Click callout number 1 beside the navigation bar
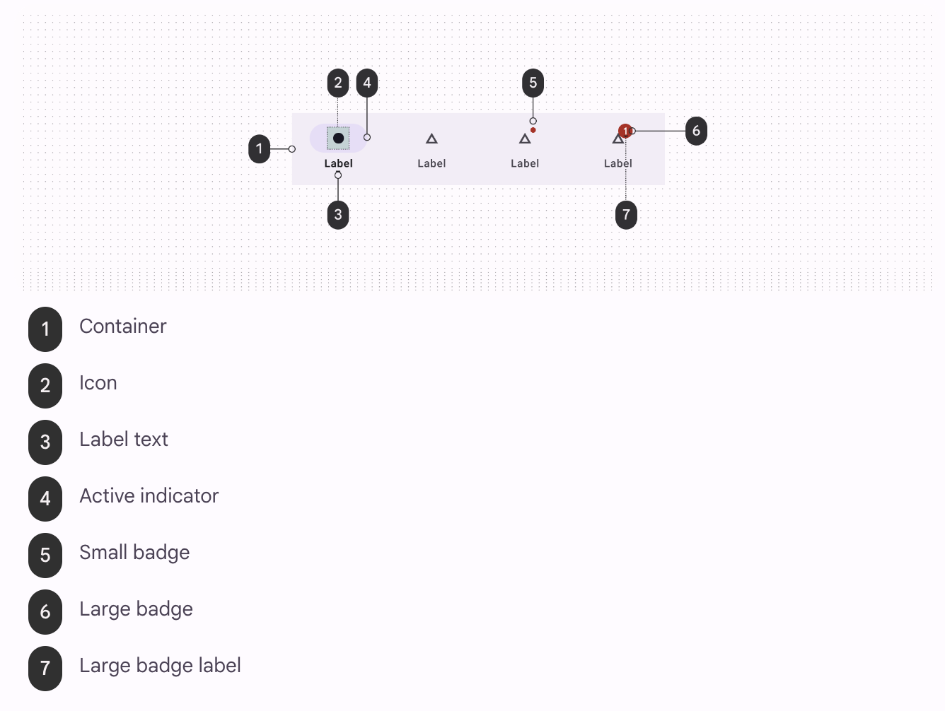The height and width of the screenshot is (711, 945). coord(260,149)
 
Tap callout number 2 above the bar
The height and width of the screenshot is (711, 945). coord(338,83)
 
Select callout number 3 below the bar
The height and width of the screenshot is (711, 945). coord(338,215)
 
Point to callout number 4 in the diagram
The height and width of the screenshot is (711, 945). coord(366,83)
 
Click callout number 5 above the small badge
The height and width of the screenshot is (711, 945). coord(533,83)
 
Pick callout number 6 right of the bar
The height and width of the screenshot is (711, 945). coord(696,131)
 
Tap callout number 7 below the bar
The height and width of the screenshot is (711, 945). coord(626,215)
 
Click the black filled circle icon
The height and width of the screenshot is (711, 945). coord(338,138)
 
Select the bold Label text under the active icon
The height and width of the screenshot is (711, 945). coord(338,163)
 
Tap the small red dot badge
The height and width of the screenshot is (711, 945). coord(533,130)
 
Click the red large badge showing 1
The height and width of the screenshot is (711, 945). coord(625,131)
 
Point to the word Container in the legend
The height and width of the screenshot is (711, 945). coord(123,327)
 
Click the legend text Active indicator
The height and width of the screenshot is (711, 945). coord(149,496)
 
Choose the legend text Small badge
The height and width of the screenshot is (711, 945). coord(134,553)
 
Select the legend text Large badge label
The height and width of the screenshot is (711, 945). coord(160,666)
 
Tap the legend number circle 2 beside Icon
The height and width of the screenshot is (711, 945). coord(45,386)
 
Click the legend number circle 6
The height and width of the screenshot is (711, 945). coord(45,612)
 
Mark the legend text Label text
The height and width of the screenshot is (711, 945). coord(124,440)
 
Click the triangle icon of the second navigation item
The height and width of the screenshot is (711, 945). coord(431,139)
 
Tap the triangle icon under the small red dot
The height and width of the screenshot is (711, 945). coord(525,139)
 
